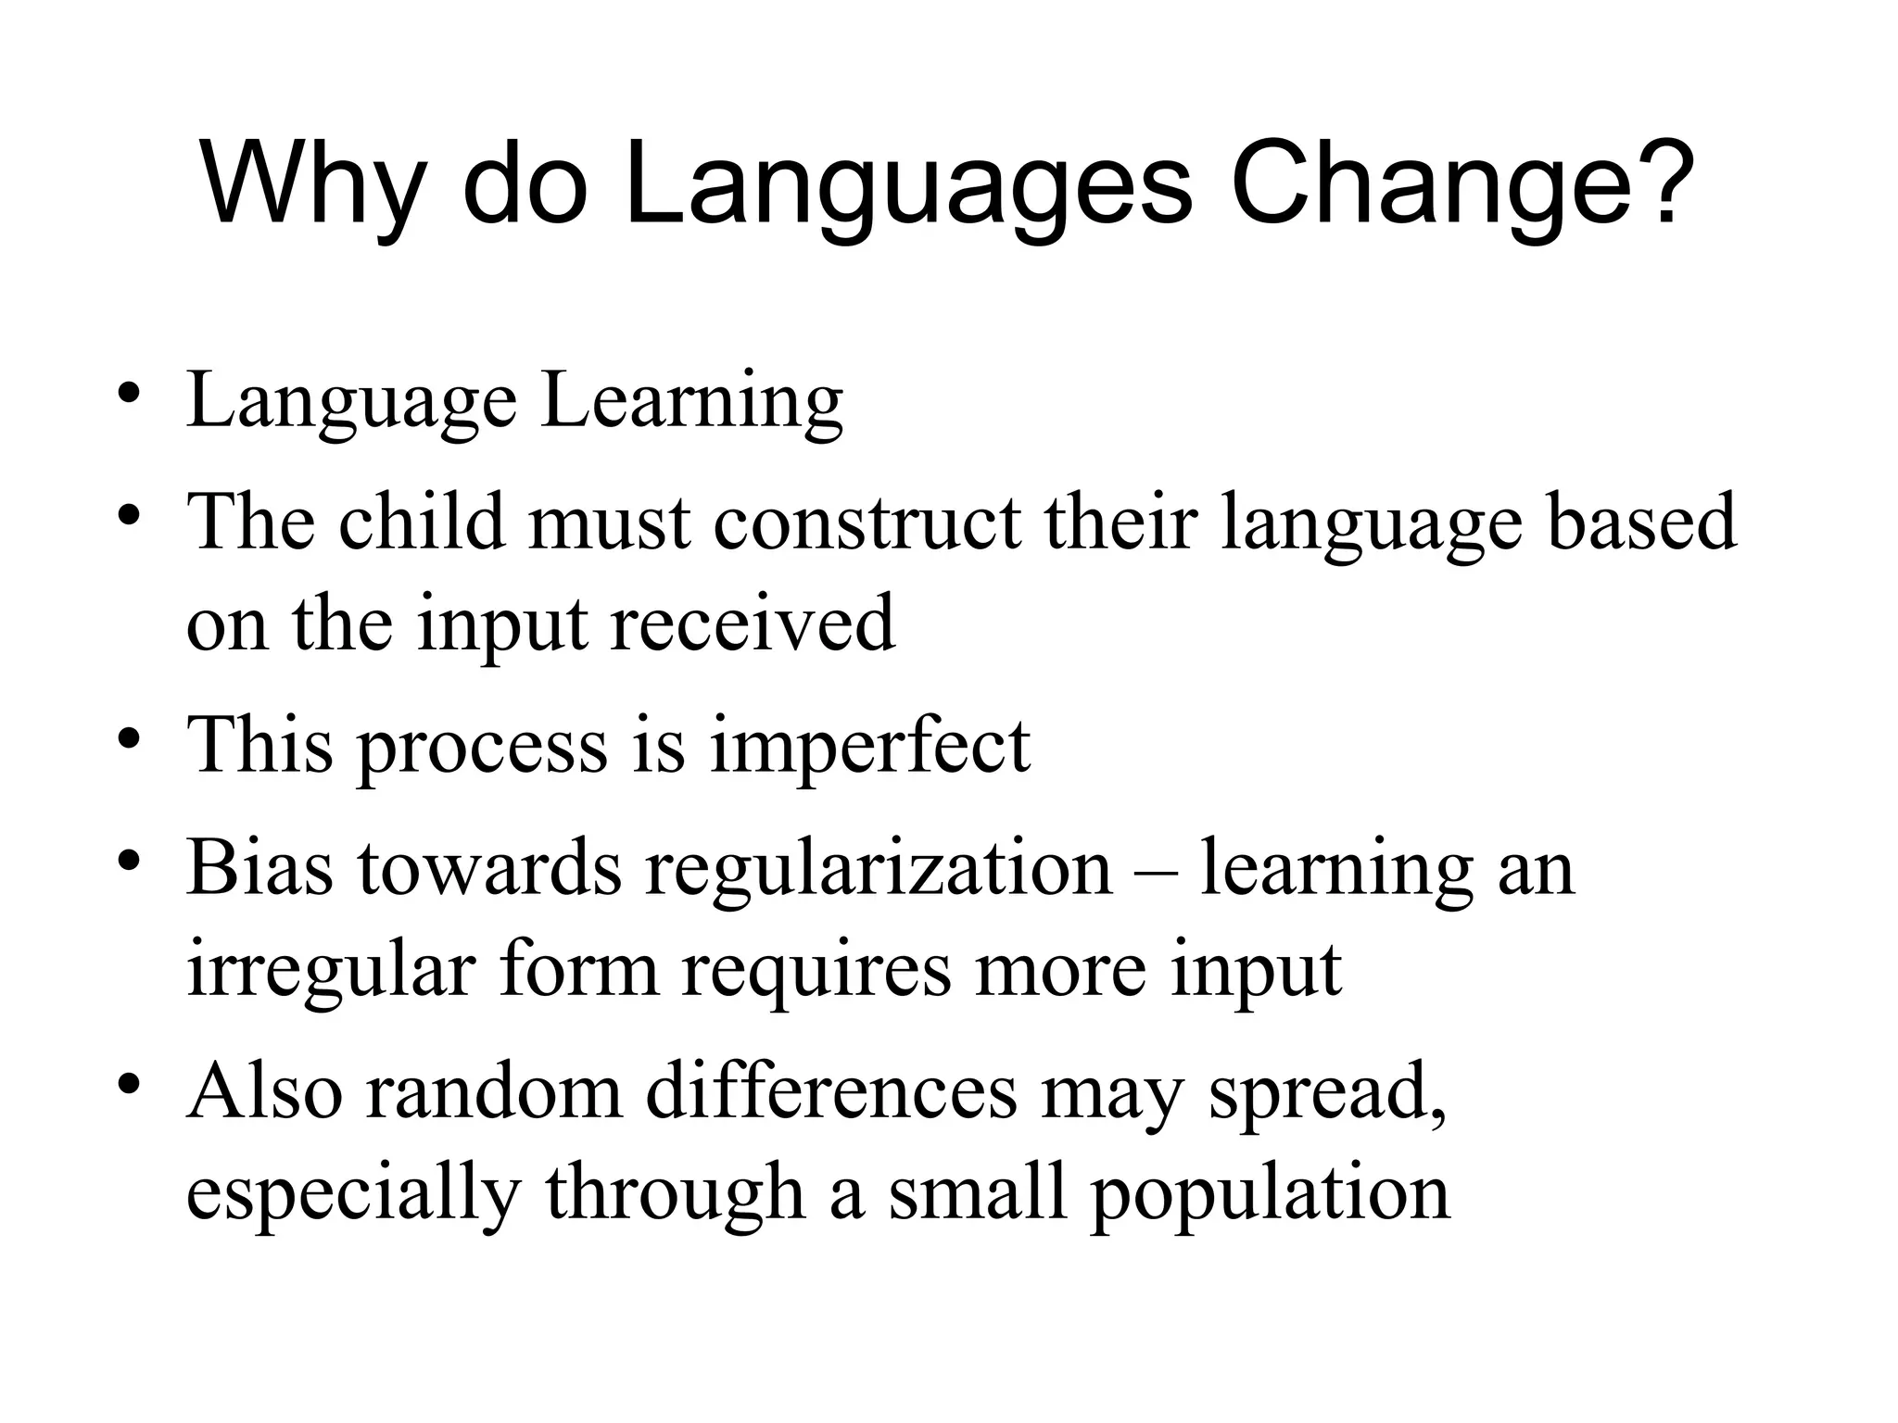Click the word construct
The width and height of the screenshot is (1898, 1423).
click(867, 523)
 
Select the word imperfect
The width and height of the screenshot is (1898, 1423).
click(869, 747)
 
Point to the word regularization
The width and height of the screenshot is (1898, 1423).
click(879, 871)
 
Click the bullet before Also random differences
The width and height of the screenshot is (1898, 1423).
click(129, 1084)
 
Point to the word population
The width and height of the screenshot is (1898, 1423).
click(1270, 1195)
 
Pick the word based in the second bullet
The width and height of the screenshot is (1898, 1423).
click(1640, 521)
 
